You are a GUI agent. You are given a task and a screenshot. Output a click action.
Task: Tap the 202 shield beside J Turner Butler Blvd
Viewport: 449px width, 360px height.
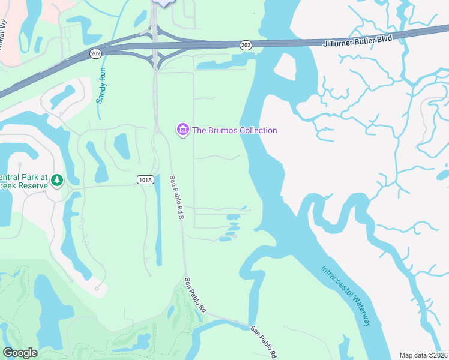coord(245,44)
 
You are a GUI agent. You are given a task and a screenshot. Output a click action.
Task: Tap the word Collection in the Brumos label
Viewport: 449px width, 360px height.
coord(256,130)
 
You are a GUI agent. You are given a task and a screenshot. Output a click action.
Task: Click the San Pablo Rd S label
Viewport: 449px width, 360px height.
coord(176,196)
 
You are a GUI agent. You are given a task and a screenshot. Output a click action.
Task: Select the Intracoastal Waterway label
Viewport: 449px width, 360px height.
coord(345,296)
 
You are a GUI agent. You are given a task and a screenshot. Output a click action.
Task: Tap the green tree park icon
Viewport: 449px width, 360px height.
coord(57,180)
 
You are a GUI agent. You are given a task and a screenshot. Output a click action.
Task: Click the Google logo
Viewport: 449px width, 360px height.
coord(20,353)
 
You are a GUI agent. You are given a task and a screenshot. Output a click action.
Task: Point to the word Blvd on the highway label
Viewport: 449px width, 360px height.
coord(382,41)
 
